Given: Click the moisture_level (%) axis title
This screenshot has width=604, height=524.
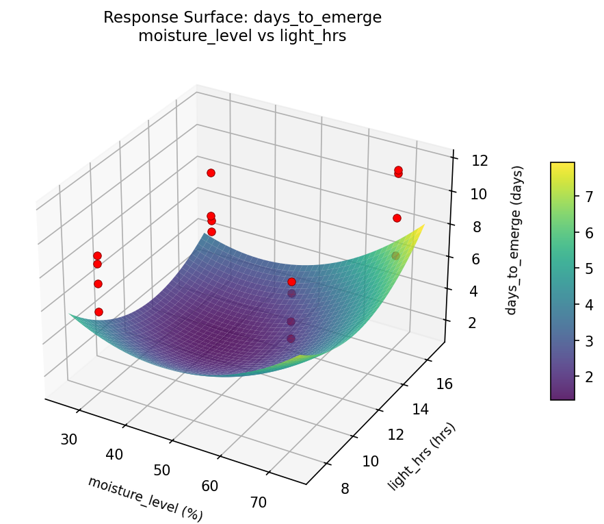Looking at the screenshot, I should pos(145,497).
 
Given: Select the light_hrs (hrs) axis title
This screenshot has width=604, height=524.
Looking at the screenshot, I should pos(422,457).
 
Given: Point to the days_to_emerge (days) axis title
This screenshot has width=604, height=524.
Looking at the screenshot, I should pos(520,240).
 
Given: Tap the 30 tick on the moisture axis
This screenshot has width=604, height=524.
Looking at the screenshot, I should pos(68,439).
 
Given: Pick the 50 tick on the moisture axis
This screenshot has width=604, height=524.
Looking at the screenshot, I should pos(162,470).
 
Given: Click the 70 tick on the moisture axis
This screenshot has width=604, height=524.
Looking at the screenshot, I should pos(258,502).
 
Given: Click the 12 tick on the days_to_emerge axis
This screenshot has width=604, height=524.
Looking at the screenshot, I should pos(480,161).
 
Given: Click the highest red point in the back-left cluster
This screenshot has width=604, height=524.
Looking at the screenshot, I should pos(211,173).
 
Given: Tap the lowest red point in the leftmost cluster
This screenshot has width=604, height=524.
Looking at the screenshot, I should pos(99,312).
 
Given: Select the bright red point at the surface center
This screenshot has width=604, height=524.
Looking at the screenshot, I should pos(291,282).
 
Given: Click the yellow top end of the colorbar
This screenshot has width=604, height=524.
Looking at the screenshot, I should pos(562,166).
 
